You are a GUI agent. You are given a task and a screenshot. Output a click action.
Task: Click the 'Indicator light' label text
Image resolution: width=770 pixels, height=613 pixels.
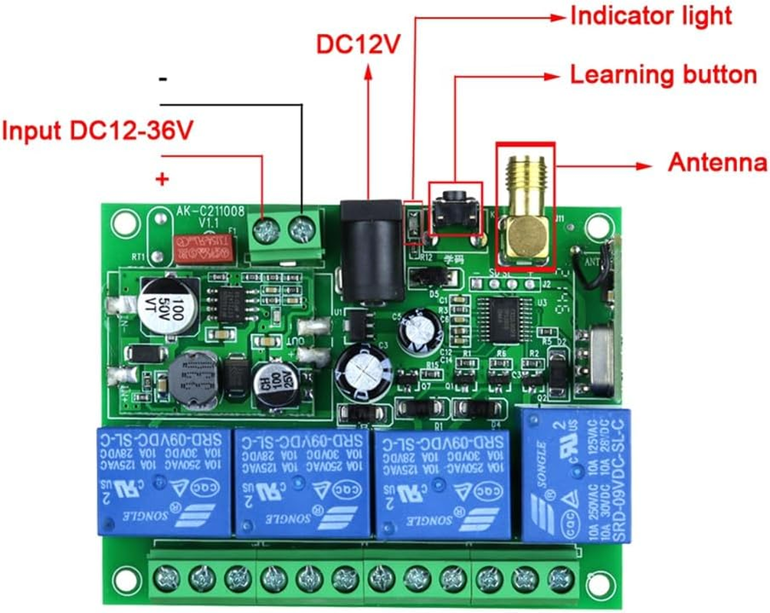click(x=650, y=15)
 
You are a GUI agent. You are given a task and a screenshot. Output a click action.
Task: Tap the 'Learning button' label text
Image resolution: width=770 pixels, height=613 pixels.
click(x=664, y=74)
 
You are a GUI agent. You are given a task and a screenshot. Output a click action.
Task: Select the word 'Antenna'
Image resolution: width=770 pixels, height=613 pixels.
click(x=717, y=162)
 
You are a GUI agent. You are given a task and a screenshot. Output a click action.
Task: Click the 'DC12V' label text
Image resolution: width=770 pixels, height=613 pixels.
click(x=359, y=45)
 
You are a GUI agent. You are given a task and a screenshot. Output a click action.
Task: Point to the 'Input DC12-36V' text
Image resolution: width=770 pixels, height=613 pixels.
click(x=97, y=130)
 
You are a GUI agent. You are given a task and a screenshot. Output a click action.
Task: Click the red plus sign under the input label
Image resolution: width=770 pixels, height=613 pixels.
click(x=162, y=179)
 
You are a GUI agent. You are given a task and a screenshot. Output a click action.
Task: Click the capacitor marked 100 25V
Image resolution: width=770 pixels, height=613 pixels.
click(x=274, y=380)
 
